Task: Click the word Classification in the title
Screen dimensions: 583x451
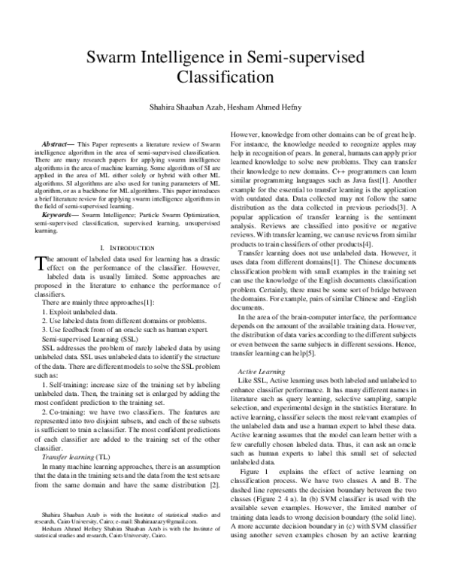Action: click(x=225, y=77)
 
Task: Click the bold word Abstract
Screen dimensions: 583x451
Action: click(x=58, y=142)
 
